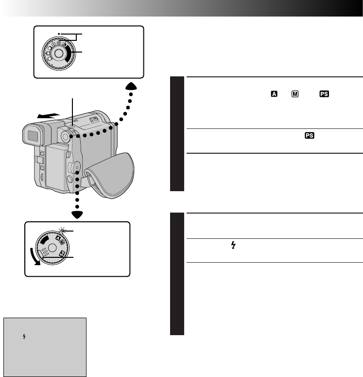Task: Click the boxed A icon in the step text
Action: pos(274,94)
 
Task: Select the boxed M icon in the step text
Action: pos(294,94)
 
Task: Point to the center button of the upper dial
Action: pos(58,54)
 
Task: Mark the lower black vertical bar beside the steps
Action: pos(178,274)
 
